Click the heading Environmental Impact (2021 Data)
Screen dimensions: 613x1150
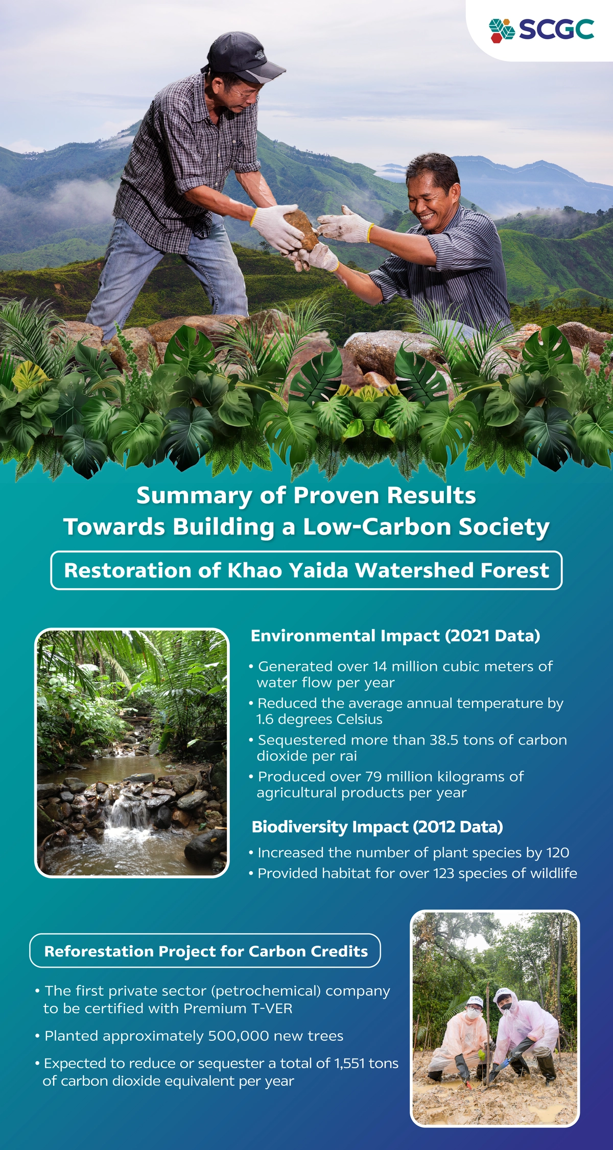(395, 636)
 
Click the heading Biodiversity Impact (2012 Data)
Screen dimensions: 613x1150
(378, 827)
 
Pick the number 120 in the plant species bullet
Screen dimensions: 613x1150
(557, 853)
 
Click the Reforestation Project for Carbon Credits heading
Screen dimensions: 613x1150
(206, 951)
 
